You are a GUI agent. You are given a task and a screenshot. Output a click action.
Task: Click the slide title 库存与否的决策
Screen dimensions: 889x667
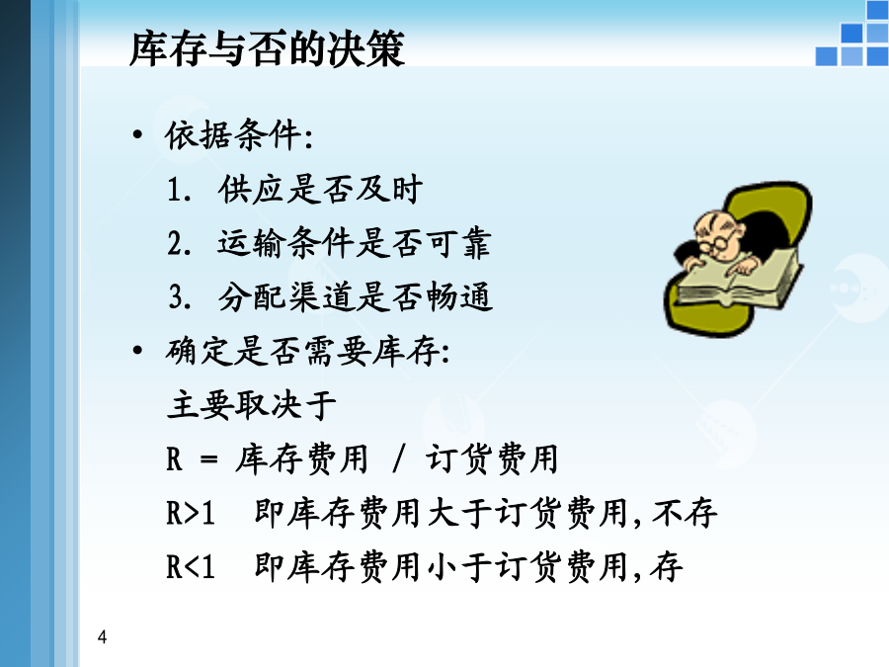point(267,48)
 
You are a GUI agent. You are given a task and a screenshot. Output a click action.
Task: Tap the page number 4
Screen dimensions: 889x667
point(102,637)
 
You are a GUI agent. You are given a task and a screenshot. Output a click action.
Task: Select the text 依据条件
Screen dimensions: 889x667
point(233,135)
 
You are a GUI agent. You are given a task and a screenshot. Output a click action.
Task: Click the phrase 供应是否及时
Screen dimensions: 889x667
point(320,190)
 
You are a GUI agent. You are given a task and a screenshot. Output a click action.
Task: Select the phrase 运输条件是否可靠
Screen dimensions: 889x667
point(354,243)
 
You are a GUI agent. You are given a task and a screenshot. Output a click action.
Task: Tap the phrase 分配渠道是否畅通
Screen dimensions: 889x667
point(355,296)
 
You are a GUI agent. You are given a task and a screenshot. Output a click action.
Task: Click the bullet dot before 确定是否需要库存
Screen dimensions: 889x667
point(137,351)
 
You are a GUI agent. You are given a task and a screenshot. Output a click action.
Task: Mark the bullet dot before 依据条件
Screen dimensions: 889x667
point(137,135)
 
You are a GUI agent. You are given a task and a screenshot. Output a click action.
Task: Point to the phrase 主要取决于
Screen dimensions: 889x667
point(252,405)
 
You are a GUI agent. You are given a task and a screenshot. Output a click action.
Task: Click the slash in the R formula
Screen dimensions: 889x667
point(399,459)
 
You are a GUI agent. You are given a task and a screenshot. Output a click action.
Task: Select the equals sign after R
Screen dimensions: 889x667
point(208,459)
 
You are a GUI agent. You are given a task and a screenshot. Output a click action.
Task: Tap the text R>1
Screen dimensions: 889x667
point(191,513)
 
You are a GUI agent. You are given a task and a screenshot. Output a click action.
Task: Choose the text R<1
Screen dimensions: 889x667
point(191,567)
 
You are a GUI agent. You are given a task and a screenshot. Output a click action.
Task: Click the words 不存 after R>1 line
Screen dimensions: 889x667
point(685,513)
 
